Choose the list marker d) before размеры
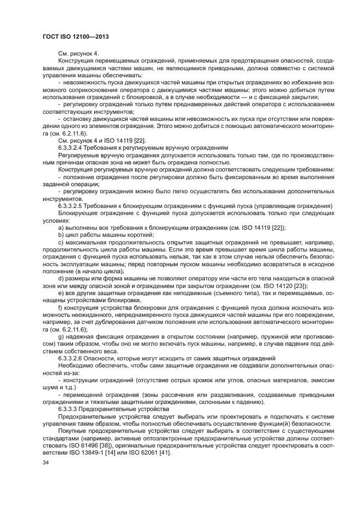tap(61, 278)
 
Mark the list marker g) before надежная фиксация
tap(61, 336)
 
